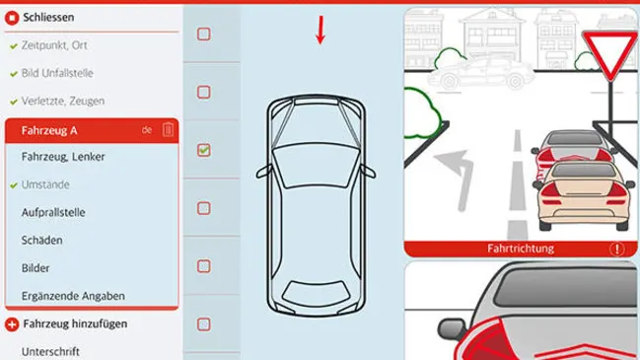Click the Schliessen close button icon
pos(12,18)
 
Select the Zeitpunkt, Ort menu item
pos(54,45)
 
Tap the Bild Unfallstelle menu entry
pos(57,73)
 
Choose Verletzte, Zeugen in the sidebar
pos(63,101)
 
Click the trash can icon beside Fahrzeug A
pos(168,130)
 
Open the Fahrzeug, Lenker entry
pos(63,157)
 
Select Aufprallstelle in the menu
pos(53,212)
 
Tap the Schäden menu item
pos(42,240)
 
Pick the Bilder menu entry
pos(36,268)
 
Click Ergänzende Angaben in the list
pos(73,296)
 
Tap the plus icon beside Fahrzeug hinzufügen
pos(12,324)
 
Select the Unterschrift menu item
pos(50,351)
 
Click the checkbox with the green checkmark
pos(204,150)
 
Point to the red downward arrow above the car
pos(320,30)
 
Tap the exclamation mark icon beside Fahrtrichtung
pos(616,249)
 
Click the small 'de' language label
pos(147,130)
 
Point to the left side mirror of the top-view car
pos(263,172)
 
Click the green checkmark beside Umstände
pos(14,185)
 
